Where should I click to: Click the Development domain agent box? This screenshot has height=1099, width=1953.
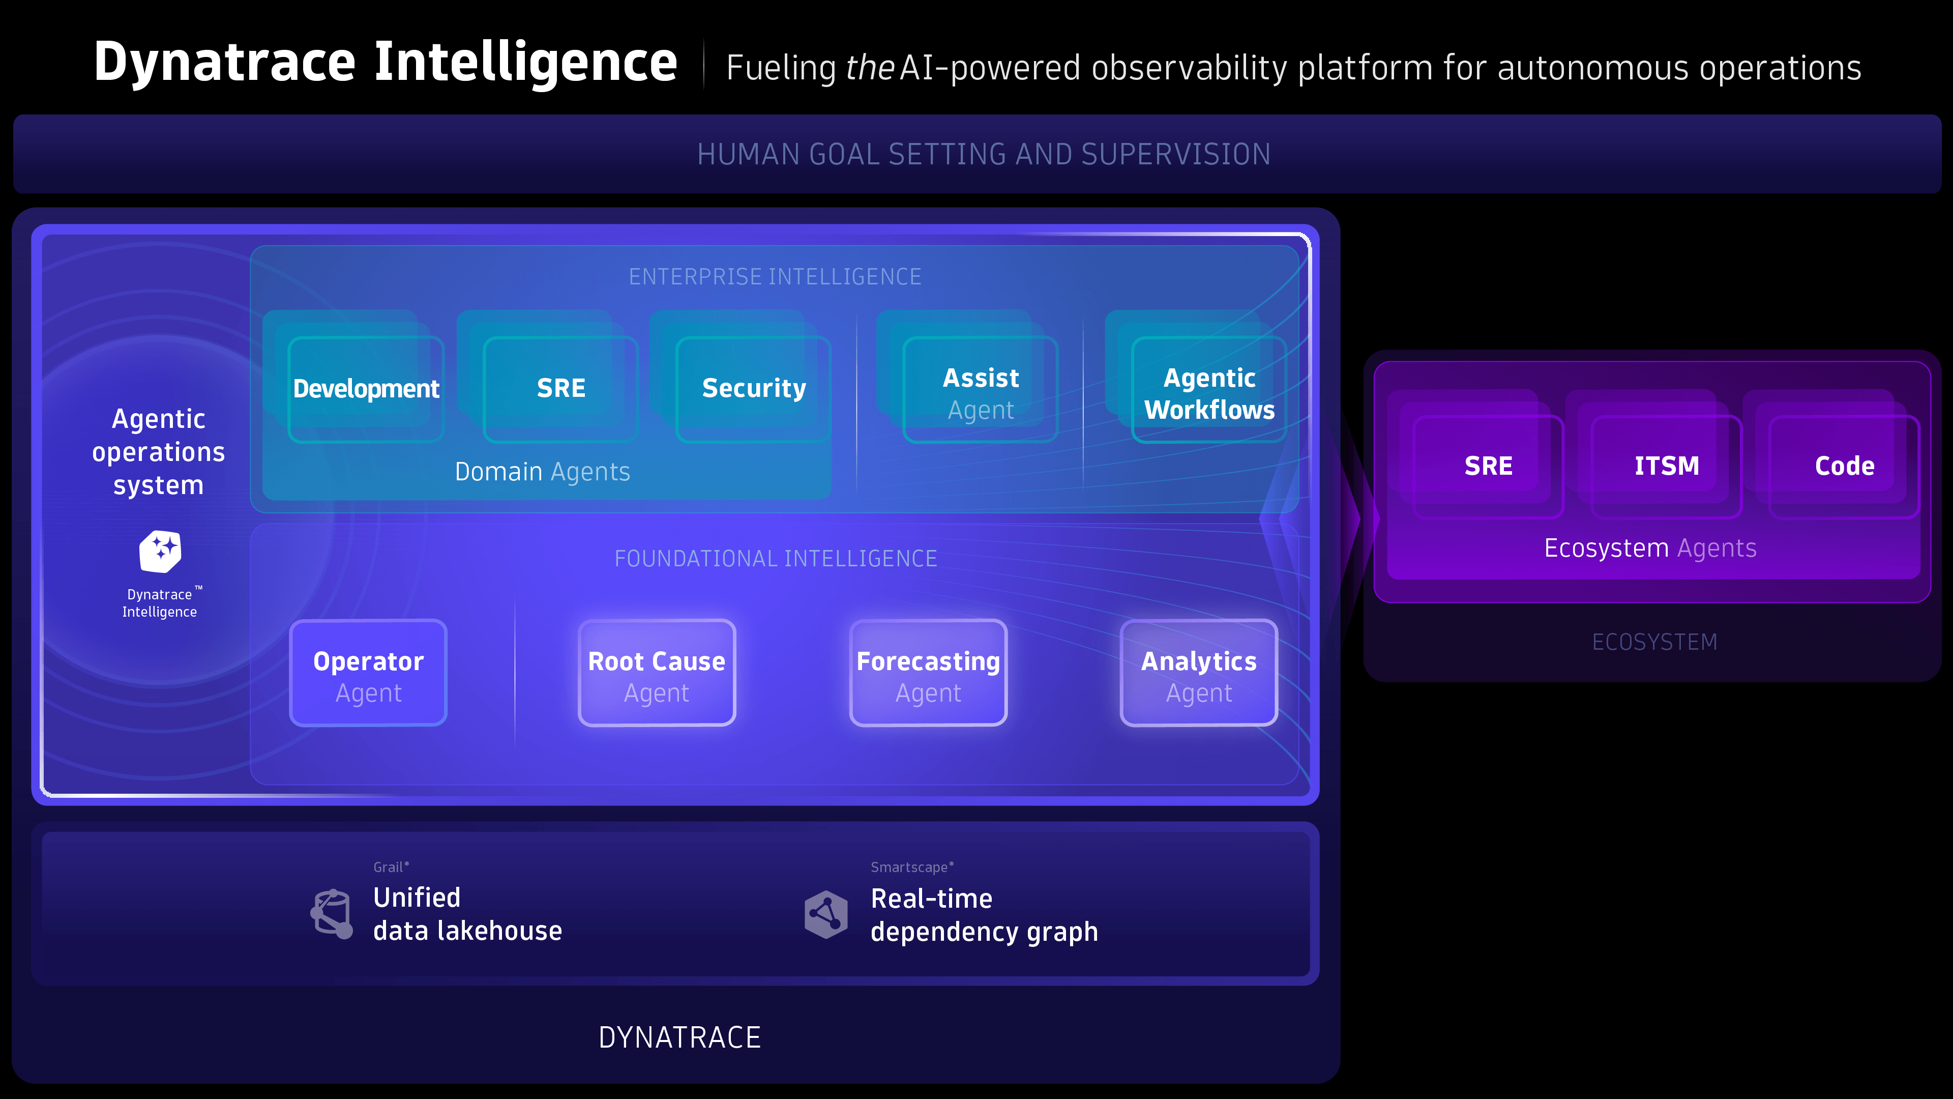tap(366, 389)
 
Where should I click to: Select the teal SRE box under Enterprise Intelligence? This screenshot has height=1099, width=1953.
tap(560, 389)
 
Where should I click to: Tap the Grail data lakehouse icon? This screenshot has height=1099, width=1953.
tap(333, 913)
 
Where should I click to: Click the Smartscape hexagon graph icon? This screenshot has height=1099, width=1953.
tap(825, 914)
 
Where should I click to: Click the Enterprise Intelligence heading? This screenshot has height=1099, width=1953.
tap(775, 277)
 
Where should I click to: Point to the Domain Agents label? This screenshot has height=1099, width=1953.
tap(542, 472)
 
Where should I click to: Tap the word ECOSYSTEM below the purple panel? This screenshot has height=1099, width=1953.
tap(1654, 643)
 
